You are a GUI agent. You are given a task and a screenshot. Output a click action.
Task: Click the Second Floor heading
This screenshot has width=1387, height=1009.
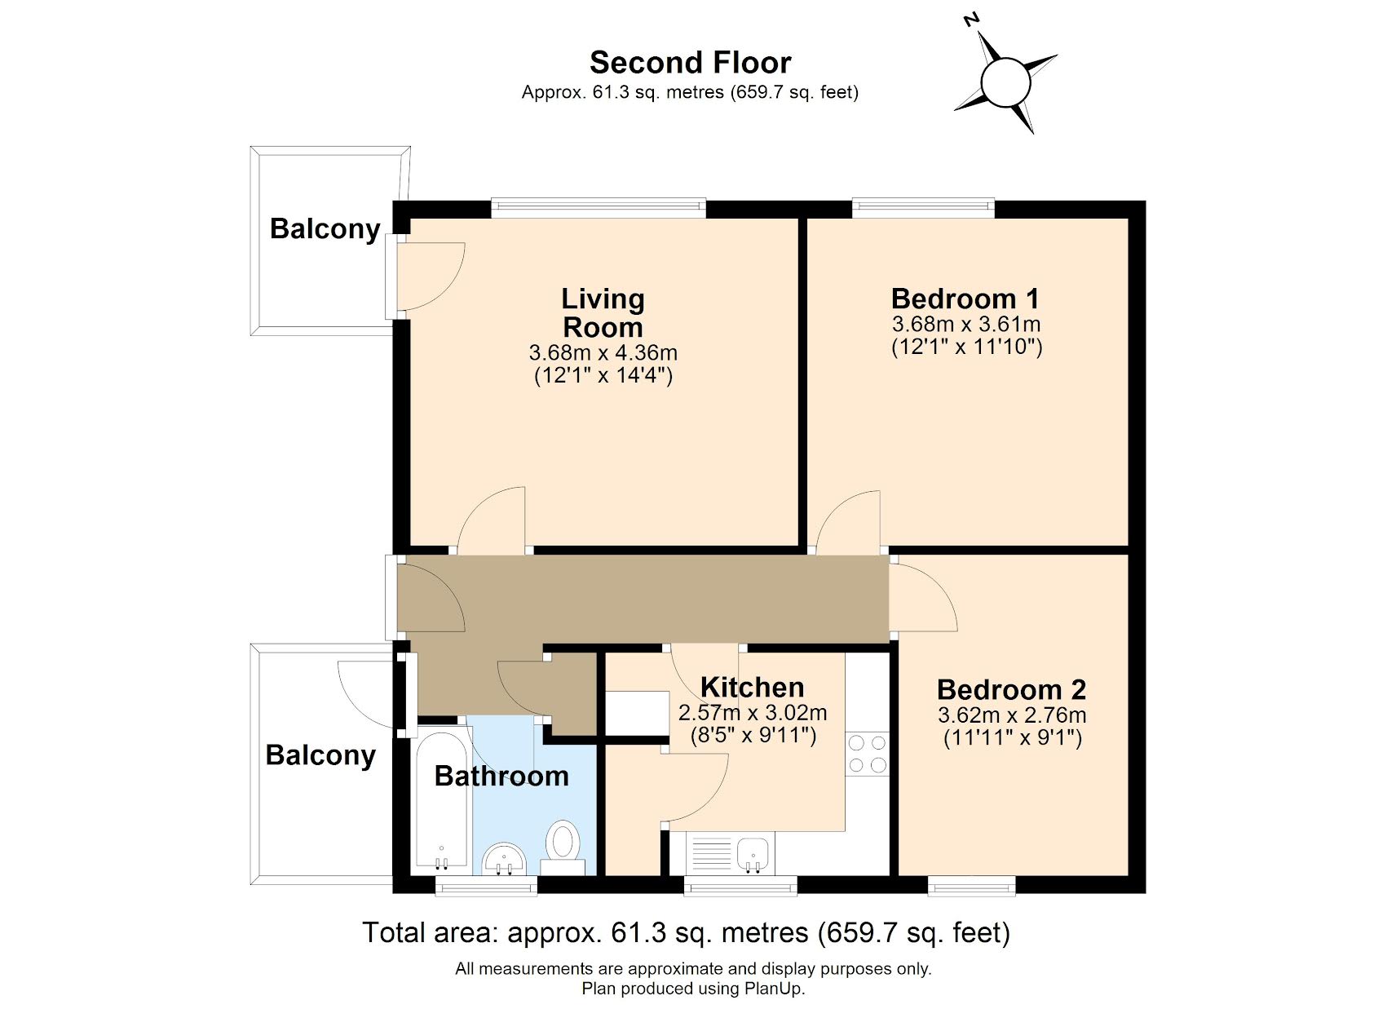coord(690,63)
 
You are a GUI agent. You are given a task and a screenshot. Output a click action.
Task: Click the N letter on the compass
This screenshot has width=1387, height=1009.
coord(970,20)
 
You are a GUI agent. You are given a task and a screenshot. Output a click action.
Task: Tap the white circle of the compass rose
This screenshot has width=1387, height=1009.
coord(1007,82)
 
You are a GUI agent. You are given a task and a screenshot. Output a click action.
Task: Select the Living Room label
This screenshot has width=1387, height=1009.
coord(603,312)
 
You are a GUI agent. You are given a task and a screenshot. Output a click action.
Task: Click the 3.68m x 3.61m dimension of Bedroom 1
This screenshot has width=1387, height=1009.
coord(966,324)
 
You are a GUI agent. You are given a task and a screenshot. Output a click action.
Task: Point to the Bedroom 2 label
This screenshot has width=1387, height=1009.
coord(1011,690)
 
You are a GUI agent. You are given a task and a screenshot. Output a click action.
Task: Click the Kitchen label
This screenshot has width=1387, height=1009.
coord(752,688)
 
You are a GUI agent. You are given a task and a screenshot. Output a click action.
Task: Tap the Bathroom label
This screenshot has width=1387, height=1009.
coord(501,776)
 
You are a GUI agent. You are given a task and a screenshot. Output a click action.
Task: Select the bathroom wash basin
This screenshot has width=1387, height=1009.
coord(504,859)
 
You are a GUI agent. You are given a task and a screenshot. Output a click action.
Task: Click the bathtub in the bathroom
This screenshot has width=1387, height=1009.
coord(441,799)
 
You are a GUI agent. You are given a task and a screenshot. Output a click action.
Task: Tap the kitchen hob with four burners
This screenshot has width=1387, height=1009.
coord(867,754)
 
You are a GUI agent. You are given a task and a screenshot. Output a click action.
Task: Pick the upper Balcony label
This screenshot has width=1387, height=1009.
coord(325,229)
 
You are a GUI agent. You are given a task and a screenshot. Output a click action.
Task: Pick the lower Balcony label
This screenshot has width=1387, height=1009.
coord(320,755)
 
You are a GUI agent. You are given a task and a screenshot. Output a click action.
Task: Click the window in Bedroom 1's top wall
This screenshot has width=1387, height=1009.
coord(923,208)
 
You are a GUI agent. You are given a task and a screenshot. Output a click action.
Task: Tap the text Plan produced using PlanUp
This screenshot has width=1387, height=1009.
coord(692,989)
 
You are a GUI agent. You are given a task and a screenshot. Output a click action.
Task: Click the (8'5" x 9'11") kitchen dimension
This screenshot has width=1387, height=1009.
coord(752,736)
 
